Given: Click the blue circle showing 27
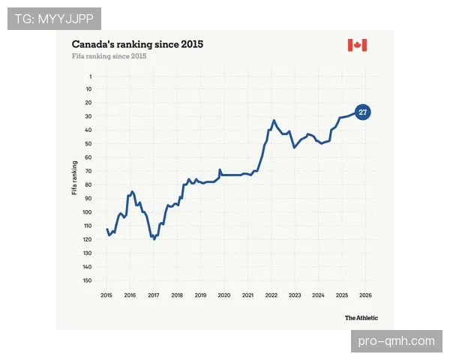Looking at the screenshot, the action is [363, 112].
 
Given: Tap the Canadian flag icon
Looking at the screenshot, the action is [357, 45].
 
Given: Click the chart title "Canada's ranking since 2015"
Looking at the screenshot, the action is [137, 44].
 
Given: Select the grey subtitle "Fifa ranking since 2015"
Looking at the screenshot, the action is [109, 56].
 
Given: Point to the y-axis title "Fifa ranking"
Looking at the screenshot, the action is [74, 178].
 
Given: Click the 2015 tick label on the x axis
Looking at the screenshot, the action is [106, 295].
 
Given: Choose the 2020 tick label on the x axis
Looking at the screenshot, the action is [224, 295].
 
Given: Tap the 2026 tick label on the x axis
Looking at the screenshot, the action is [365, 295].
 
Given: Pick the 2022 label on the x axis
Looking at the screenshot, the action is [271, 295].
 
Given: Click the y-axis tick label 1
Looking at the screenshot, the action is [91, 76].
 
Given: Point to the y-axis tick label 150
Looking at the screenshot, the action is [87, 280].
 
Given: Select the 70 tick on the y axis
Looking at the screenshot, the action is [88, 171].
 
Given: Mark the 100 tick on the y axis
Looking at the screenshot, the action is [87, 212].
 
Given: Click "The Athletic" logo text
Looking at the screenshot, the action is [361, 318].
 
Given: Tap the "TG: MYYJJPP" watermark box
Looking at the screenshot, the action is [54, 19].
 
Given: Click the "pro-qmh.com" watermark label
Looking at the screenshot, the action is [396, 341].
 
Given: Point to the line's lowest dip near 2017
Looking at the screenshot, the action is [154, 239].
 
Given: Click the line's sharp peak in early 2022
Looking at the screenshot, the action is [274, 120].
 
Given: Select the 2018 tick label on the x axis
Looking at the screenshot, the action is [177, 295].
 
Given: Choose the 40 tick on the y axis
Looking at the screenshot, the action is [88, 130].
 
